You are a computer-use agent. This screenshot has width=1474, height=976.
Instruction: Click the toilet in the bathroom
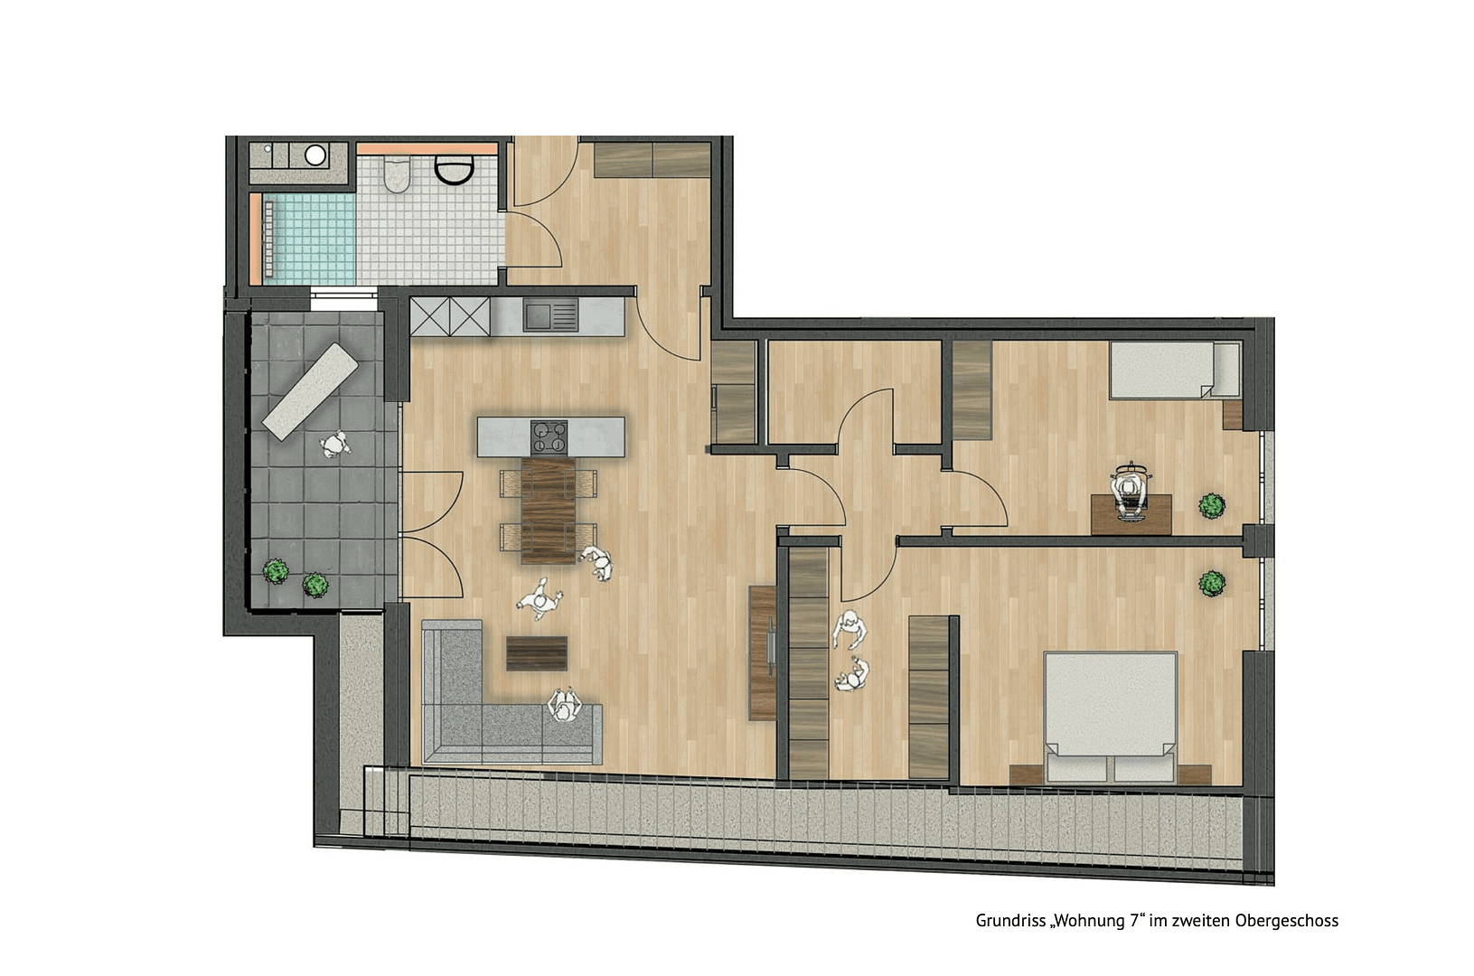pos(396,175)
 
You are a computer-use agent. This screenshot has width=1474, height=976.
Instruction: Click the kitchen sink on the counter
pos(549,315)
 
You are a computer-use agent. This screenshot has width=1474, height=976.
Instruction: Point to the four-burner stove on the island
pos(550,436)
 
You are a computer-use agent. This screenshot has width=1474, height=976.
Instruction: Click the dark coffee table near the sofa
pos(537,653)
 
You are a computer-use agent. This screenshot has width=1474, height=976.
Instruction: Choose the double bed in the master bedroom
pos(1111,714)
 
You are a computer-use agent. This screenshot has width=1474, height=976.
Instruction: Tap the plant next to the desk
pos(1211,506)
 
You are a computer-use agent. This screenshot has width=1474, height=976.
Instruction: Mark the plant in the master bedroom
pos(1212,584)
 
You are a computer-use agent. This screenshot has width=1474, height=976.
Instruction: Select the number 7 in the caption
pos(1135,921)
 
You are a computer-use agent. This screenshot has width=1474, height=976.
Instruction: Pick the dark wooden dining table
pos(549,511)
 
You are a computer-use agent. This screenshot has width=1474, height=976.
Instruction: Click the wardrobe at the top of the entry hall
pos(652,160)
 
